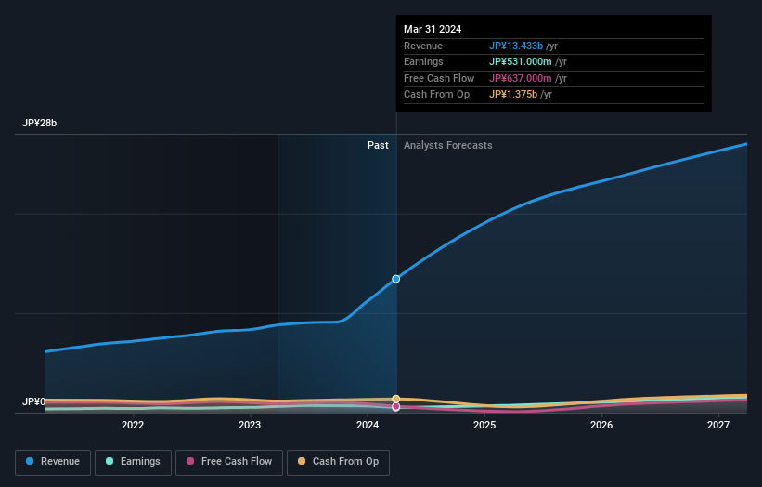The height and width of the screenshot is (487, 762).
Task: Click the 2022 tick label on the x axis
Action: [x=133, y=425]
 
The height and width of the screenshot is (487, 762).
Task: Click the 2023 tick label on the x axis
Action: [x=250, y=425]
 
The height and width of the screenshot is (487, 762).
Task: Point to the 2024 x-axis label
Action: [x=368, y=425]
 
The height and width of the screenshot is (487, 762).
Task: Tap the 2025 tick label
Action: [x=484, y=425]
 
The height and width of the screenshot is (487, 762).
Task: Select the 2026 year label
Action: [x=601, y=425]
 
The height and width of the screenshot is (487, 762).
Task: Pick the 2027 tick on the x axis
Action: [x=718, y=425]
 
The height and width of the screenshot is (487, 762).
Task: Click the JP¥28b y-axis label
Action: [x=40, y=123]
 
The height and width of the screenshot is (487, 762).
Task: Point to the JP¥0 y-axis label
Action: [x=33, y=401]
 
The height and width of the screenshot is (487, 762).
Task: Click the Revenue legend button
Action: [x=53, y=462]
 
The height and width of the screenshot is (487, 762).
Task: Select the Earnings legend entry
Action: [x=134, y=462]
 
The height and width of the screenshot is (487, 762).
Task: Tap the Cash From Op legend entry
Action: [x=337, y=462]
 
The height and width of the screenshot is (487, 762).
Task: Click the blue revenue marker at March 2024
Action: [x=396, y=279]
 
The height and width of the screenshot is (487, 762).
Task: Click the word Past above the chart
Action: [x=378, y=145]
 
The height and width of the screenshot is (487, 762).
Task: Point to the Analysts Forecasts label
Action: [x=447, y=145]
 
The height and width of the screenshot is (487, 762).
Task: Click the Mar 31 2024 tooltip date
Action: [x=433, y=29]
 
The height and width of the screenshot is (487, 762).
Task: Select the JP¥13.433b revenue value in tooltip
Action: [x=516, y=46]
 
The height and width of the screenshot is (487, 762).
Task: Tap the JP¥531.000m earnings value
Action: [x=520, y=62]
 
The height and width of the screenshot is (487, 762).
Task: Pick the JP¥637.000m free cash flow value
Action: [x=520, y=78]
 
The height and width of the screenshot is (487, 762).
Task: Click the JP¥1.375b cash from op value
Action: [x=514, y=94]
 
